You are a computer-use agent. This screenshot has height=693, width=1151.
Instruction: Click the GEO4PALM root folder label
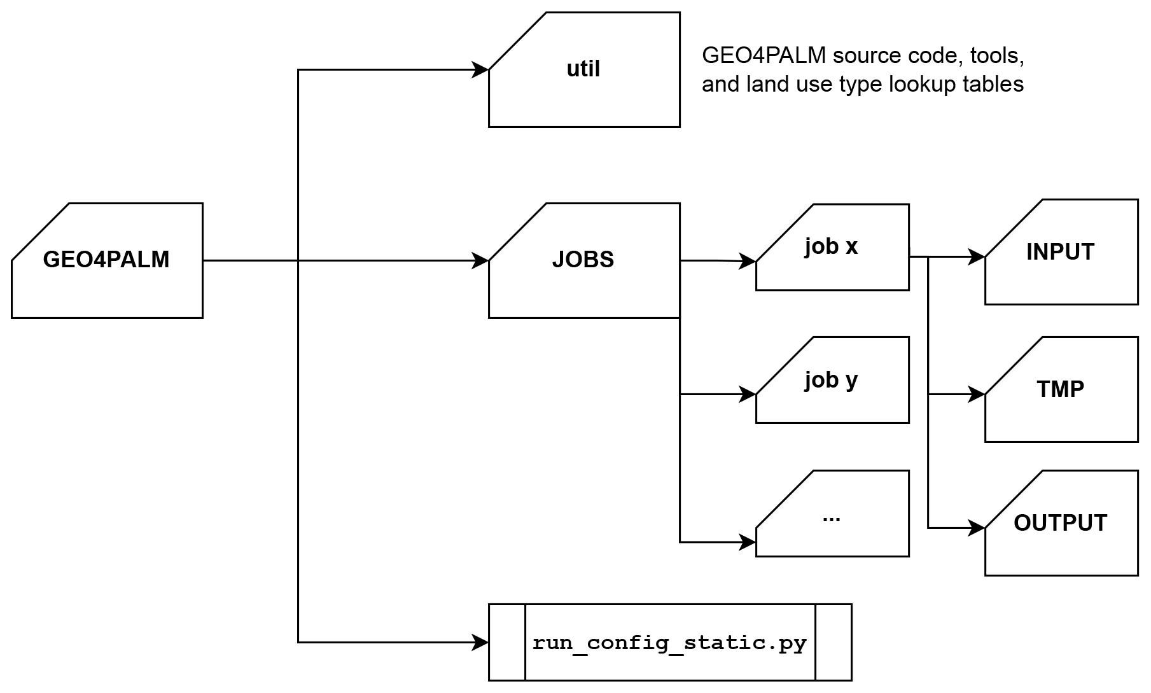106,260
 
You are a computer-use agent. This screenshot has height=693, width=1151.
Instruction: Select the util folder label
583,69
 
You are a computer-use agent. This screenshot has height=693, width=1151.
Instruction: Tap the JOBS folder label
583,260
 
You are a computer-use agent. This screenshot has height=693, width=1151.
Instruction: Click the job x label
831,246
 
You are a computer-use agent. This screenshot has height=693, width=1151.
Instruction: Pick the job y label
831,380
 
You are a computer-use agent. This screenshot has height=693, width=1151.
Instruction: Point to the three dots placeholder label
831,517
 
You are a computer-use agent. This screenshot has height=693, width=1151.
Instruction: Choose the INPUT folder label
1060,252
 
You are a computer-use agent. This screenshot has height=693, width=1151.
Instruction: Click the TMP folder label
1060,389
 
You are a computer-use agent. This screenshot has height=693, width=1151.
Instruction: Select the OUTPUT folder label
1060,523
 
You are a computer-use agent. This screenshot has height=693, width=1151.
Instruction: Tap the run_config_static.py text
669,643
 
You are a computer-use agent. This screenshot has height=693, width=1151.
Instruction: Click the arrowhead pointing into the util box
480,70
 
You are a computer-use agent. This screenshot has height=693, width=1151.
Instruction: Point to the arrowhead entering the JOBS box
480,260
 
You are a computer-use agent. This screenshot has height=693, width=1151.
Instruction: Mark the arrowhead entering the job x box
748,261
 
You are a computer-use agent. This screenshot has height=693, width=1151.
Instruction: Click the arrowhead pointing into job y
748,395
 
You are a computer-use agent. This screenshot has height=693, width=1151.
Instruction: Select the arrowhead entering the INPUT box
977,257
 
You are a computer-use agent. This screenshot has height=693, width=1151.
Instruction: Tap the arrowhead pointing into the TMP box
977,395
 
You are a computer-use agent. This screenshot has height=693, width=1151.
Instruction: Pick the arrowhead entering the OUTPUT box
977,528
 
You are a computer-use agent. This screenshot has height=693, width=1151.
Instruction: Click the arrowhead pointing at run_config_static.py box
480,643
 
